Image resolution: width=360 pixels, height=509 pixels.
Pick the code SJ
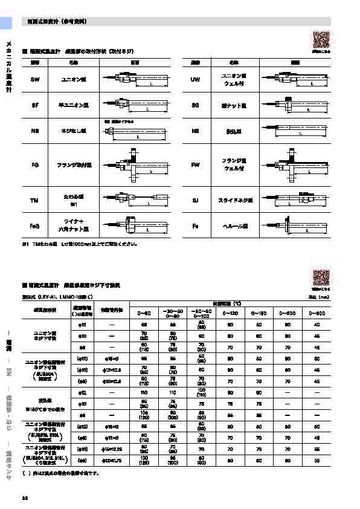pyautogui.click(x=195, y=199)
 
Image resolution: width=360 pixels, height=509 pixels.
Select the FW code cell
pyautogui.click(x=195, y=164)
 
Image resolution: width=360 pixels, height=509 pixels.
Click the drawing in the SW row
pyautogui.click(x=134, y=79)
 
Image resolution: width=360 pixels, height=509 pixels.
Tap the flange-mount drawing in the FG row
pyautogui.click(x=134, y=164)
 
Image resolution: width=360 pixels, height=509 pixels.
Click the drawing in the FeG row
pyautogui.click(x=134, y=226)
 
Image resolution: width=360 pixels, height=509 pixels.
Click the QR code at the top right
pyautogui.click(x=321, y=39)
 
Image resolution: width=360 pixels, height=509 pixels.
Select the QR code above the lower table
pyautogui.click(x=321, y=277)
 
